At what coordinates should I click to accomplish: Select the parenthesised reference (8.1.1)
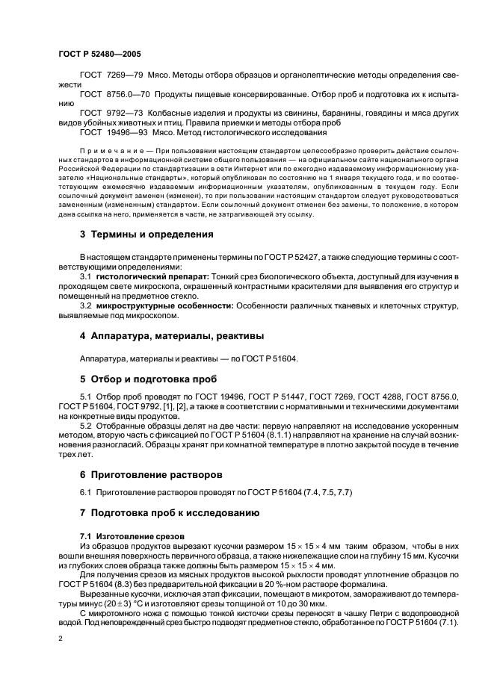[274, 433]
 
